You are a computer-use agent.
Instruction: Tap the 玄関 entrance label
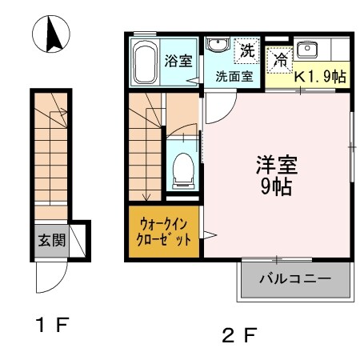pyautogui.click(x=50, y=239)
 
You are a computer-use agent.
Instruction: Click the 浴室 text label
pyautogui.click(x=178, y=61)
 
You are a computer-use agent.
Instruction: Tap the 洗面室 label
pyautogui.click(x=234, y=78)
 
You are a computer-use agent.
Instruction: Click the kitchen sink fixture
pyautogui.click(x=307, y=50)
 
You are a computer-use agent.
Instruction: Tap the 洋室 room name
pyautogui.click(x=276, y=166)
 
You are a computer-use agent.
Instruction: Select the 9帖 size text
pyautogui.click(x=276, y=189)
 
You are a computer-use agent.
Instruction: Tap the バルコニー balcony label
pyautogui.click(x=294, y=280)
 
